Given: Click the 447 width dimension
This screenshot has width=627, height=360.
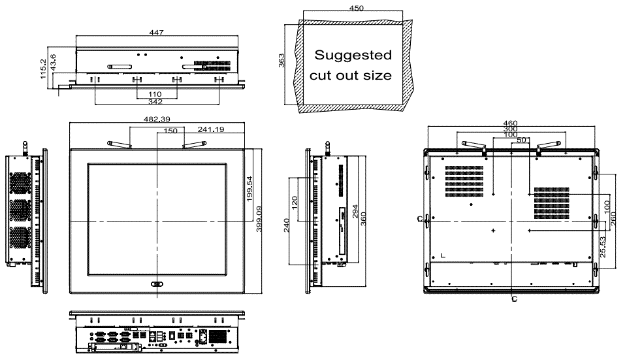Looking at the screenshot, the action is tap(156, 33).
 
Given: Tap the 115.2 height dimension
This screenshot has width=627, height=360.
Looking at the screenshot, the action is tap(44, 69).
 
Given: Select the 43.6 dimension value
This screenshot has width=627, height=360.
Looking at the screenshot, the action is tap(53, 63).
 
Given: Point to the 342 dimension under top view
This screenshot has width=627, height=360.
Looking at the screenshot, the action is tap(155, 102).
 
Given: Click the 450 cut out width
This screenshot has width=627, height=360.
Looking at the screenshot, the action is tap(357, 8).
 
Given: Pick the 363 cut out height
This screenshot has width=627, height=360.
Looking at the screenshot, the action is tap(281, 61).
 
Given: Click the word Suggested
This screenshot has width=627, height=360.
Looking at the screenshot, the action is tap(353, 55).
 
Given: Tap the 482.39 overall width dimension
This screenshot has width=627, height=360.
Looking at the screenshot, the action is tap(157, 119).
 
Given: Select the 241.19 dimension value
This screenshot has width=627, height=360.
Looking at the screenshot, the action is tap(211, 129).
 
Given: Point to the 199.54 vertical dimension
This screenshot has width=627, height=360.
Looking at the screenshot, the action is tap(249, 188).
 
